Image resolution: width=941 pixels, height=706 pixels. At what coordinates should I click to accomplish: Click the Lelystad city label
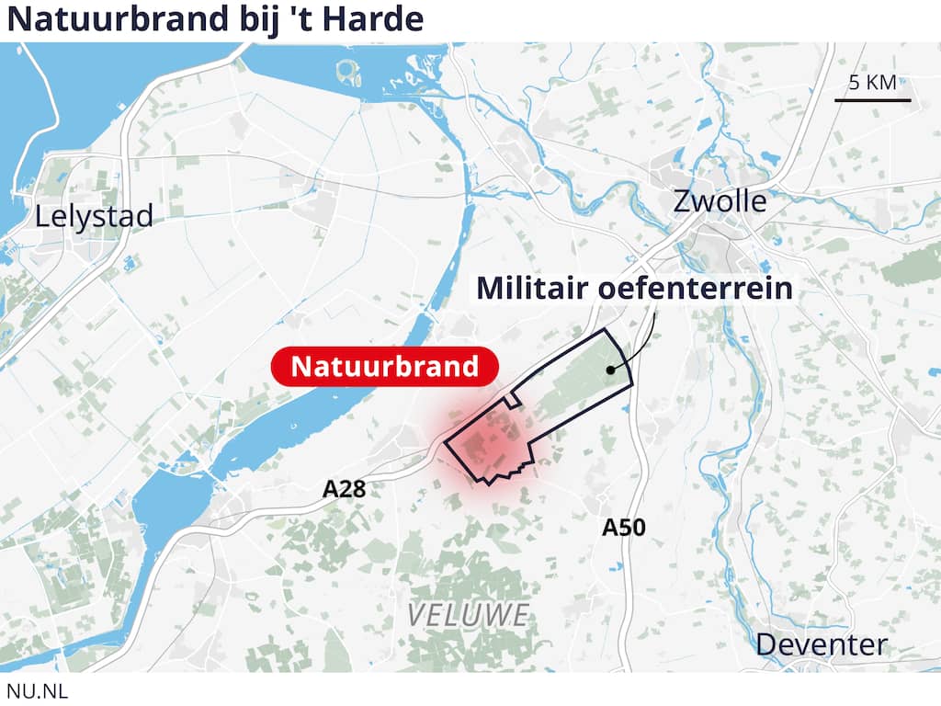click(94, 217)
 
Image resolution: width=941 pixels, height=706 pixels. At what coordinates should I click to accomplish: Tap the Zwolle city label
click(720, 200)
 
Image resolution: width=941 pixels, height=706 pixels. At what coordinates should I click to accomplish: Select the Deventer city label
click(822, 644)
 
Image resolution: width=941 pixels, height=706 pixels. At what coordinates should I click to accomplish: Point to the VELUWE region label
click(469, 614)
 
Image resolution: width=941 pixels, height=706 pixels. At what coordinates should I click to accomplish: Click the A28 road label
click(344, 490)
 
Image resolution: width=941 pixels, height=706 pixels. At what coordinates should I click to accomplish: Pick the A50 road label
click(624, 528)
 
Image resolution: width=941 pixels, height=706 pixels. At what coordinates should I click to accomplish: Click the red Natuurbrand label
click(385, 367)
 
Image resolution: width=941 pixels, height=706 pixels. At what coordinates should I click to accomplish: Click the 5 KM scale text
click(872, 83)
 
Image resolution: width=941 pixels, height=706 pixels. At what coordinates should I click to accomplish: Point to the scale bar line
click(873, 99)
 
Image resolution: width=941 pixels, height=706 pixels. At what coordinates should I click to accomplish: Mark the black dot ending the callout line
click(609, 370)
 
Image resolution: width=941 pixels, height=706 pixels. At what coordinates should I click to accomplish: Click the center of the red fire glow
click(484, 449)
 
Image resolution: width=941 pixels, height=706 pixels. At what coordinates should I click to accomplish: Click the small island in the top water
click(346, 68)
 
